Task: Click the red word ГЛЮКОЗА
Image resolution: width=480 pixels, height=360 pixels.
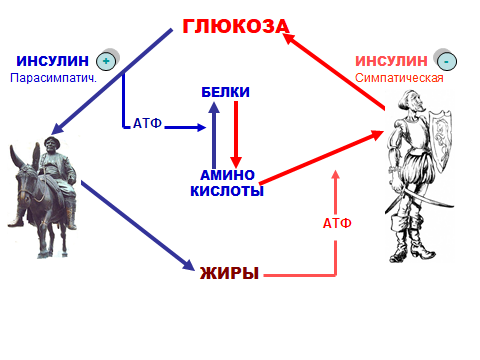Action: tap(236, 26)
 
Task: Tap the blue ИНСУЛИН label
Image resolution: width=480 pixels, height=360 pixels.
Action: tap(53, 61)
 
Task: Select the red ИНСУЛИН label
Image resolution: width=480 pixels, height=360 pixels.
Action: tap(391, 61)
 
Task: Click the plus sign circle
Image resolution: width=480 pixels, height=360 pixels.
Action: tap(106, 61)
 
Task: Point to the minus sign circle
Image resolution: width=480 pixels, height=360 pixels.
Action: tap(447, 61)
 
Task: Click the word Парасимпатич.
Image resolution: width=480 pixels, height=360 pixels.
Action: tap(53, 78)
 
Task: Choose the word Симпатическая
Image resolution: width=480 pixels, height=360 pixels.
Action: tap(399, 78)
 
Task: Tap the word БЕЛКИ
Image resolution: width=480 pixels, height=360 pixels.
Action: tap(225, 92)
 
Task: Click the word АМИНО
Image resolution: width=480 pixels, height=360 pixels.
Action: tap(227, 175)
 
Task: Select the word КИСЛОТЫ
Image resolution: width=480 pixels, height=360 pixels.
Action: tap(227, 191)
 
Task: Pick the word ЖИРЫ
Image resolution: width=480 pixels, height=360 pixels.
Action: tap(229, 273)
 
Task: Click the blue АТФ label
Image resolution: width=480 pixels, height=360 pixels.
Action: tap(147, 123)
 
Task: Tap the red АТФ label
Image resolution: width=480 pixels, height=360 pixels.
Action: tap(337, 223)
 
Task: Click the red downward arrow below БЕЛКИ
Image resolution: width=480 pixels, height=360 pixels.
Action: tap(236, 134)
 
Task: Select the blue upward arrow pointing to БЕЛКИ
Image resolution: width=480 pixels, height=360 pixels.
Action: tap(214, 135)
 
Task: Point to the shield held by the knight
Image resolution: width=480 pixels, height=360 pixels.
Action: tap(439, 140)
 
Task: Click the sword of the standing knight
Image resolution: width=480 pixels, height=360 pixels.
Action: tap(423, 197)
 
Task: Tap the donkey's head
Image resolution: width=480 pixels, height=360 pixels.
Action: tap(27, 178)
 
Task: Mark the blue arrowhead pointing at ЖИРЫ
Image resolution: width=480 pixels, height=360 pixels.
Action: tap(189, 265)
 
